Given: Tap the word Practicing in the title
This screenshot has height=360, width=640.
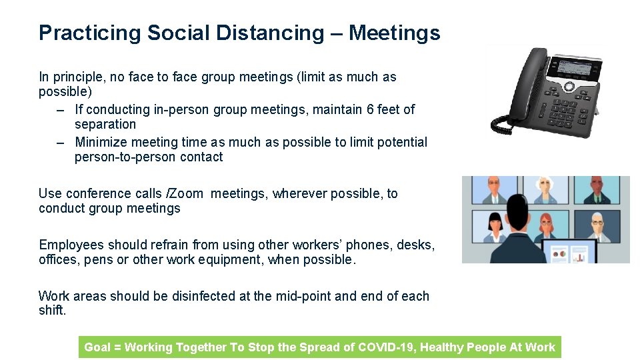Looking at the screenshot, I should pos(90,33).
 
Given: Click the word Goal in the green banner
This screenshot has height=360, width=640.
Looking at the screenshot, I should pos(97,347).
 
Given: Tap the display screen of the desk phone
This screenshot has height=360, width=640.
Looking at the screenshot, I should pos(572,67).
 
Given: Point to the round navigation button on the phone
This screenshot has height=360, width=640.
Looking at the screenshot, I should pos(569,87).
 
